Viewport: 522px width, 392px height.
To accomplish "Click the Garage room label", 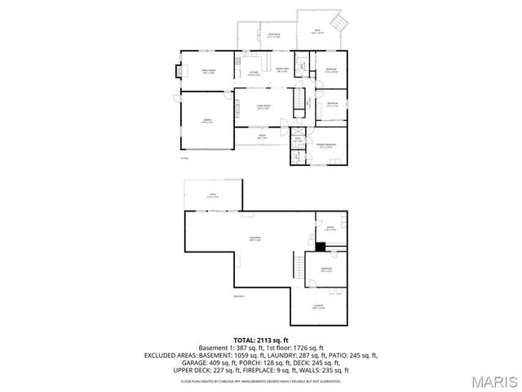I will click(207, 121).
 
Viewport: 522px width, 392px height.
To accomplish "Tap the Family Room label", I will click(208, 72).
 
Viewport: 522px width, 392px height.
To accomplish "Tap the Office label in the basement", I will click(331, 229).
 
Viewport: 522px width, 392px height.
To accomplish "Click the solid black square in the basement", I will click(321, 247).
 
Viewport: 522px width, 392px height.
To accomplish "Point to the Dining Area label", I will click(283, 71).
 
